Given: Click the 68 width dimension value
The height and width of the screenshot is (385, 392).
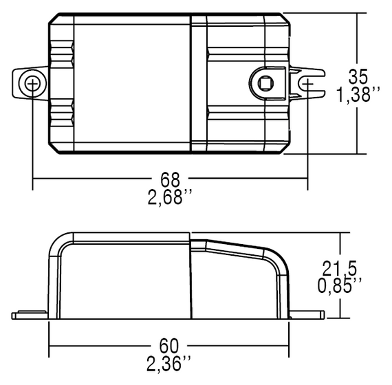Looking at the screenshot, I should click(x=170, y=180).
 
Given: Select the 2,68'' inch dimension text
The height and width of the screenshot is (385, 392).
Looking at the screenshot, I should click(x=170, y=198).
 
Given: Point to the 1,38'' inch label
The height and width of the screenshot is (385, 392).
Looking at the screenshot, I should click(x=358, y=95).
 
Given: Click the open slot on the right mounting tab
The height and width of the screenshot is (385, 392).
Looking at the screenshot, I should click(x=309, y=85).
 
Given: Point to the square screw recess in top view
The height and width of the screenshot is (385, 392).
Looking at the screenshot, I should click(x=265, y=84).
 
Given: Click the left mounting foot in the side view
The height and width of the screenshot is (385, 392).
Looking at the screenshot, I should click(x=30, y=315).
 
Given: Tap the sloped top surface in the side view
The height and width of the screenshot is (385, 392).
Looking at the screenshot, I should click(x=234, y=247).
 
